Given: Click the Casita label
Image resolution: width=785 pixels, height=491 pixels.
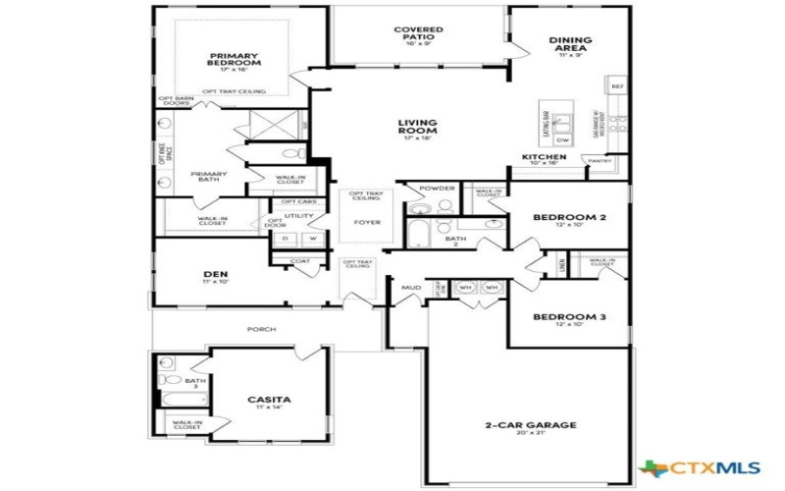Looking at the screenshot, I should (269, 400).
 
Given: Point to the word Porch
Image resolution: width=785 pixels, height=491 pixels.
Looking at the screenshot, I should (261, 329).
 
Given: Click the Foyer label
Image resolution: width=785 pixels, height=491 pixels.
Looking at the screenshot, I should (368, 222).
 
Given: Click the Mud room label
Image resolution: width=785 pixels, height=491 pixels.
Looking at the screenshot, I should (410, 288).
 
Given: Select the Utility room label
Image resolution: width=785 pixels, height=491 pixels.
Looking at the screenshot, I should (298, 216).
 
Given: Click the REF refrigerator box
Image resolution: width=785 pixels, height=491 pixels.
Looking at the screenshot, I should (618, 86).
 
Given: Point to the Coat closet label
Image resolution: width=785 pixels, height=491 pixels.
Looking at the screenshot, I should (299, 260).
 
